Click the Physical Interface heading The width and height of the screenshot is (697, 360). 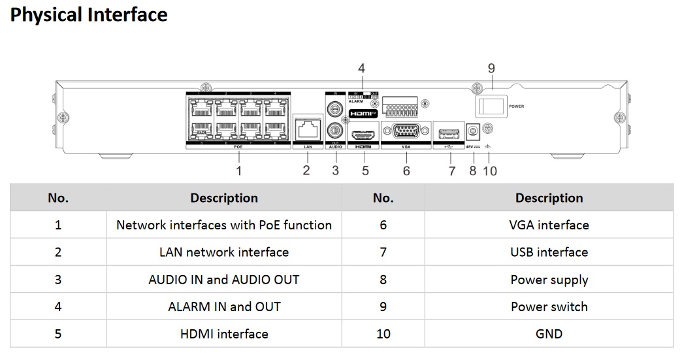pyautogui.click(x=89, y=15)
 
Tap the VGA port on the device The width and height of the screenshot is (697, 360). pyautogui.click(x=406, y=131)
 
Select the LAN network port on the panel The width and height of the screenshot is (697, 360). pyautogui.click(x=308, y=129)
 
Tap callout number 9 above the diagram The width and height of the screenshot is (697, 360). pyautogui.click(x=491, y=68)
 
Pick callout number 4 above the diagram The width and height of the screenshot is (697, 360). pyautogui.click(x=361, y=68)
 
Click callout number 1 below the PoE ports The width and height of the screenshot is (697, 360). pyautogui.click(x=239, y=171)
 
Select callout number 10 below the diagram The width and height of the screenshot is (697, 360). pyautogui.click(x=490, y=171)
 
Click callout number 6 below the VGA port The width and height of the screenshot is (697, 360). pyautogui.click(x=406, y=171)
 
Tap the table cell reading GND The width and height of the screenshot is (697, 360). pyautogui.click(x=549, y=334)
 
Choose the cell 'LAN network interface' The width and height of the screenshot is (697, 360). pyautogui.click(x=224, y=252)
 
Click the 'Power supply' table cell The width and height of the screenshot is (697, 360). pyautogui.click(x=549, y=280)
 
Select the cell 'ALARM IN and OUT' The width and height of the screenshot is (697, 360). pyautogui.click(x=224, y=306)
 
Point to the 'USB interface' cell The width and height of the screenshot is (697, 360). pyautogui.click(x=549, y=252)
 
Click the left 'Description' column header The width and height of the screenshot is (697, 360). pyautogui.click(x=224, y=198)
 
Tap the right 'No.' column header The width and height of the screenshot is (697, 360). pyautogui.click(x=383, y=198)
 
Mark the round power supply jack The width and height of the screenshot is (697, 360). pyautogui.click(x=472, y=131)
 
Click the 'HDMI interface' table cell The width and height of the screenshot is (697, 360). pyautogui.click(x=224, y=334)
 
